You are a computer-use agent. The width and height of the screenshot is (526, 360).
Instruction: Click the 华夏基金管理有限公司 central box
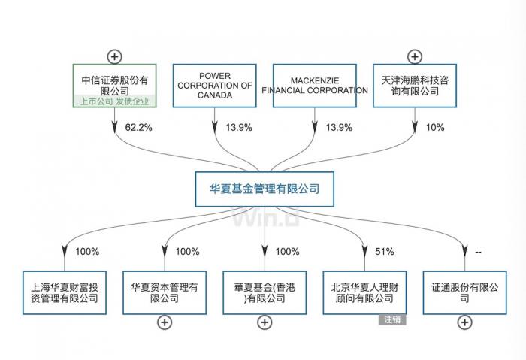[x=264, y=189]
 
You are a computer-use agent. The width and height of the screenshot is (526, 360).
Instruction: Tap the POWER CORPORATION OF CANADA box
[x=214, y=85]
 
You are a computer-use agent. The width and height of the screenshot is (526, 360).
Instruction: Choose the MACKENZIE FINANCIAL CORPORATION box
[x=315, y=85]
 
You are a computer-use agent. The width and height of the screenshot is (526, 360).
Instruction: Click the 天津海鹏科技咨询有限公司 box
[x=415, y=85]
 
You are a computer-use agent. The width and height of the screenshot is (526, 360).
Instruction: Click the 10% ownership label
[x=435, y=128]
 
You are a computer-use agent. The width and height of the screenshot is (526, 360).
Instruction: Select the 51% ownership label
[x=385, y=252]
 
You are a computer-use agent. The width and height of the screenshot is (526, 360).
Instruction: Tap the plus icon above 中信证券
[x=115, y=56]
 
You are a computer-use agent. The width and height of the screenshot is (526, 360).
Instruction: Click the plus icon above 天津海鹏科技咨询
[x=415, y=56]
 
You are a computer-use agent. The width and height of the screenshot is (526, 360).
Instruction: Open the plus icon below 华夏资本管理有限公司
[x=165, y=322]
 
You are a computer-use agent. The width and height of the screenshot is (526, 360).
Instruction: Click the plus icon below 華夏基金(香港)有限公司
[x=265, y=322]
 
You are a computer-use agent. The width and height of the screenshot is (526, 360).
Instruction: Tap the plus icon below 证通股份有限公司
[x=465, y=322]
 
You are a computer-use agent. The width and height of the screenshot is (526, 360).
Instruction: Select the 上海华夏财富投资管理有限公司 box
[x=65, y=292]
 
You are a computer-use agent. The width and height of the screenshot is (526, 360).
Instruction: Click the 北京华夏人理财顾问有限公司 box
[x=364, y=292]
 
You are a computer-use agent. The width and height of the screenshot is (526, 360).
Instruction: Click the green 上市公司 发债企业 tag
[x=115, y=101]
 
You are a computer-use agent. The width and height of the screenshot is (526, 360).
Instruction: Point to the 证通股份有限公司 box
[x=465, y=292]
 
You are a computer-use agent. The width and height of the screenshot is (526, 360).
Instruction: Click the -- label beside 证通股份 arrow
[x=478, y=252]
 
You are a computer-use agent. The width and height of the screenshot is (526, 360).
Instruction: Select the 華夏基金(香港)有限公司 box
[x=265, y=292]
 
